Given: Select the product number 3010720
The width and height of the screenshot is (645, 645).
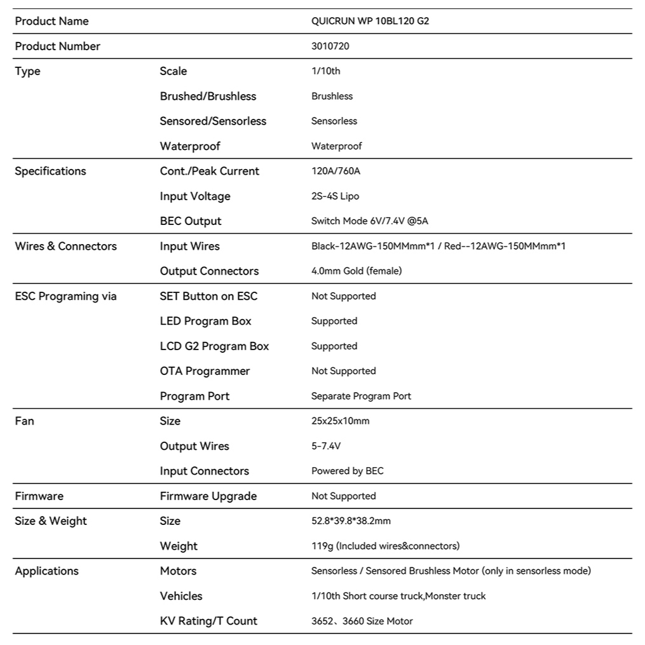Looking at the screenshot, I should [x=330, y=46].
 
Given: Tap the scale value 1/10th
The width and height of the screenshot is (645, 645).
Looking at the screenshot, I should [x=325, y=71].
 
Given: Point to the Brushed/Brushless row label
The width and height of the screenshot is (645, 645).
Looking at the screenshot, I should [x=208, y=96].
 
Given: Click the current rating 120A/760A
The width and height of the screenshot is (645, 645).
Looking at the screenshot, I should [x=336, y=171].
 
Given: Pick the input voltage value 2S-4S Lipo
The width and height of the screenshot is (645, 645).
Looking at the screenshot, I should [x=335, y=196].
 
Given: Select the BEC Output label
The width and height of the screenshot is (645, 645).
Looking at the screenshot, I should [x=191, y=221].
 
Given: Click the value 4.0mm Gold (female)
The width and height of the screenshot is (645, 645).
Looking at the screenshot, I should [x=356, y=271].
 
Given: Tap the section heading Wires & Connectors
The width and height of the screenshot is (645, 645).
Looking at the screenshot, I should [x=65, y=246].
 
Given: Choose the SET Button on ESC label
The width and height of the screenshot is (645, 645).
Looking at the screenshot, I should [x=208, y=296].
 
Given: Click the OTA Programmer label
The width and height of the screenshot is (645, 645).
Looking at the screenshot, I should [x=205, y=371].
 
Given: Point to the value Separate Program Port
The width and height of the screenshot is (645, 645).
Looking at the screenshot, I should [x=361, y=396].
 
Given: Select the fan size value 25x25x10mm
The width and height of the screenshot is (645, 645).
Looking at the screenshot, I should [x=340, y=421].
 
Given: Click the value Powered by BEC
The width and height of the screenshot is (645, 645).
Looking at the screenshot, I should [x=347, y=471].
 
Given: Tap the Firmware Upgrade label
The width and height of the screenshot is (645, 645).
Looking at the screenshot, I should [x=208, y=496].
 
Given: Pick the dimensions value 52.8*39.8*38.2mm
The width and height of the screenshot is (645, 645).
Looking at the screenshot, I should [x=351, y=521].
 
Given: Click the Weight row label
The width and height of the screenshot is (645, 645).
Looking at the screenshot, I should [x=179, y=546].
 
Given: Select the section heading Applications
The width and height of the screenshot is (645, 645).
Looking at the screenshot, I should [x=46, y=571].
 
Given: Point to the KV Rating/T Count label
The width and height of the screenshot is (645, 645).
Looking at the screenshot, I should [x=208, y=621].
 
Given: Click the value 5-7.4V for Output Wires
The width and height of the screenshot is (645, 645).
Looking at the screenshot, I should [x=326, y=446].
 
